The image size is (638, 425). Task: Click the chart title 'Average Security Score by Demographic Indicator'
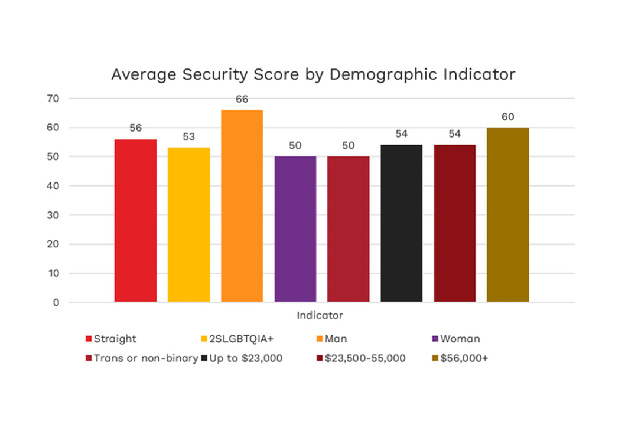[x=313, y=75]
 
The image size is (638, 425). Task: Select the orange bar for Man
[x=242, y=206]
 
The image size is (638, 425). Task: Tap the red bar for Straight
[x=135, y=221]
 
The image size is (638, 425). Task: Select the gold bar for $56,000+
[x=507, y=215]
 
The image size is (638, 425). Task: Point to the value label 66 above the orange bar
[x=242, y=99]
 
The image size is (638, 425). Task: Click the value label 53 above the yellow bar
[x=188, y=137]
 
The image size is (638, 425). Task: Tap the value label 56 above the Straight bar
[x=135, y=128]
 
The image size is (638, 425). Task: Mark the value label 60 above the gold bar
[x=507, y=117]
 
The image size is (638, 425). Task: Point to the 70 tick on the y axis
[x=54, y=99]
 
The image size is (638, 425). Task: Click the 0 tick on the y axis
[x=57, y=303]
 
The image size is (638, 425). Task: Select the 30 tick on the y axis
[x=54, y=215]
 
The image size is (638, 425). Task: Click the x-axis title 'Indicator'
[x=320, y=315]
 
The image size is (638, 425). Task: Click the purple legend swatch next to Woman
[x=435, y=339]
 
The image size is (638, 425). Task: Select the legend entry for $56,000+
[x=464, y=358]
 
